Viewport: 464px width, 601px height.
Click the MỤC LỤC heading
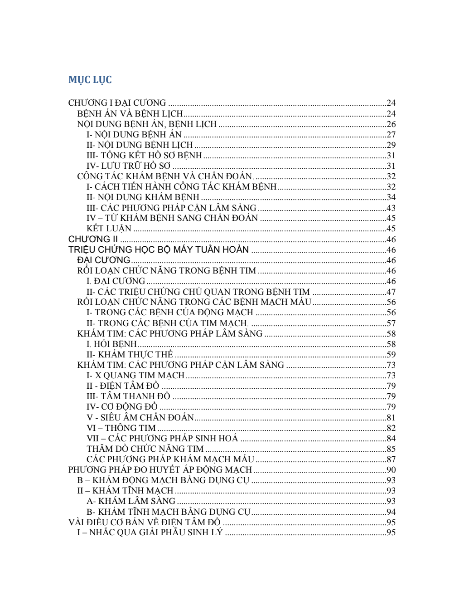(x=90, y=80)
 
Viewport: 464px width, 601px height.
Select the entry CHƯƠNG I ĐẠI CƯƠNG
(x=117, y=103)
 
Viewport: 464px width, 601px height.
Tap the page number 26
(x=391, y=124)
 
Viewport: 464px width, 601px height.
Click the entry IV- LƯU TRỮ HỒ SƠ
(x=128, y=166)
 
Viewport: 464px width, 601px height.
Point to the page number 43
(x=391, y=208)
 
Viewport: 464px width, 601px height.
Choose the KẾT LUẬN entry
(x=109, y=229)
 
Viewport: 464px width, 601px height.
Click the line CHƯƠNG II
(x=93, y=239)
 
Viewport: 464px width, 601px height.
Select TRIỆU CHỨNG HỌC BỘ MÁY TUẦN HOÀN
(x=159, y=250)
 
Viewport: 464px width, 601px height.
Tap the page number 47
(x=391, y=292)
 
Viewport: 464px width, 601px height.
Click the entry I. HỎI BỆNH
(x=111, y=344)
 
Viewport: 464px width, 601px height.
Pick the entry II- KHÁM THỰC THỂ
(x=130, y=355)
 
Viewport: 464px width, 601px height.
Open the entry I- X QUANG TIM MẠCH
(x=135, y=376)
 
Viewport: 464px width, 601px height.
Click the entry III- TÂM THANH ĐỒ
(x=128, y=396)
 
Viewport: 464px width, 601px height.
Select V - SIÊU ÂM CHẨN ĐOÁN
(x=140, y=418)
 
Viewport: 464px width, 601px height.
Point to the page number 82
(x=391, y=428)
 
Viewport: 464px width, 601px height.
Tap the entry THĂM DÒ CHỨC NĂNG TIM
(x=145, y=449)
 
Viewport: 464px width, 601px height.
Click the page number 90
(x=391, y=470)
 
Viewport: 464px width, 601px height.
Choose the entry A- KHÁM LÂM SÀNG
(x=131, y=501)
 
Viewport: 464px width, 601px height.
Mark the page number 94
(x=391, y=512)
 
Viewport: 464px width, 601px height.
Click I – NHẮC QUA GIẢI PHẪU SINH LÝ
(x=150, y=533)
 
